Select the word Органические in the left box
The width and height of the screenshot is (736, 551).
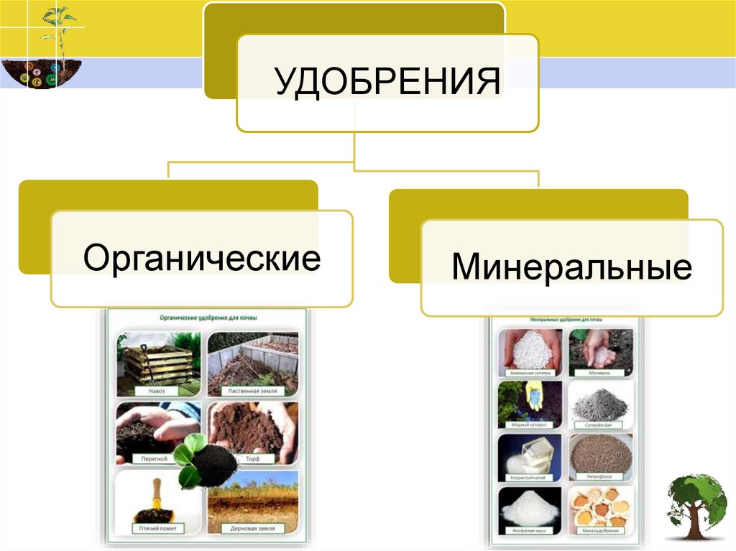201,258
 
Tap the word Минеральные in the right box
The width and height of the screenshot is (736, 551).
571,267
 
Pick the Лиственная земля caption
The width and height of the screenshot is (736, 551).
252,391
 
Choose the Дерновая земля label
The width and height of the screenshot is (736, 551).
252,528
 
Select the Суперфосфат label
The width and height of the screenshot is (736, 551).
600,425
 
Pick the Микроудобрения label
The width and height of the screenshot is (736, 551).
600,532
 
